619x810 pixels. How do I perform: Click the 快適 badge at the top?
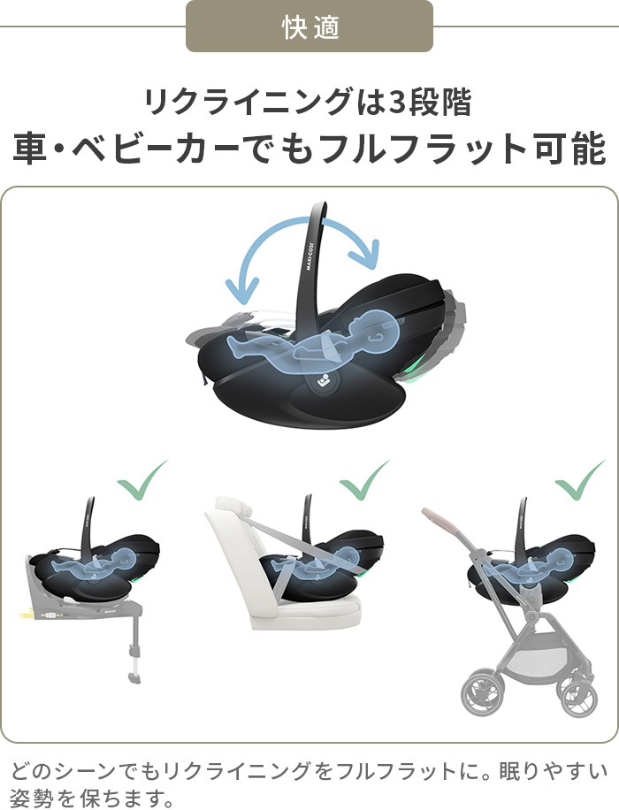click(309, 27)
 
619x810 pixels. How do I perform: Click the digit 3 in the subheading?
click(399, 103)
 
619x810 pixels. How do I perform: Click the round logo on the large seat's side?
click(323, 382)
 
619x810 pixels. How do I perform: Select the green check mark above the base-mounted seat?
click(142, 481)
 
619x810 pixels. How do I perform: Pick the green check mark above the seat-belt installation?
click(365, 481)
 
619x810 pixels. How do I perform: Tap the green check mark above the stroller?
click(579, 481)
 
